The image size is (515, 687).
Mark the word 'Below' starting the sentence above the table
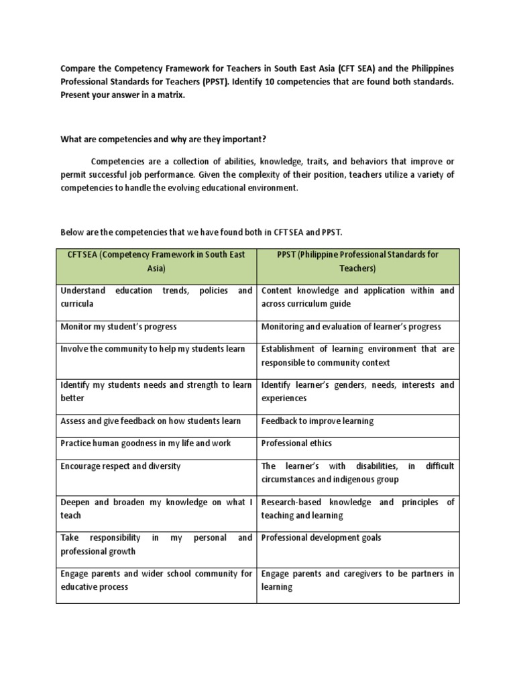72,232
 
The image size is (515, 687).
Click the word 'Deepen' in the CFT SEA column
75,503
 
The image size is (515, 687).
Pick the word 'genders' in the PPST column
331,385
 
